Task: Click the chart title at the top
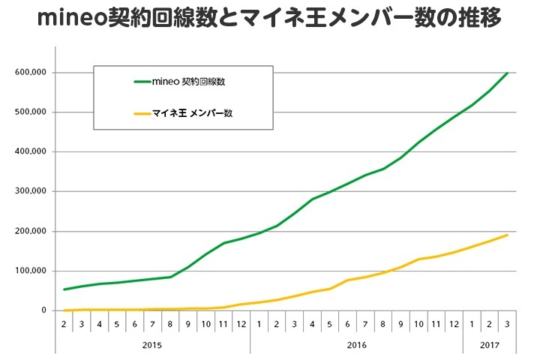[x=270, y=18]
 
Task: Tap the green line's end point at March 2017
[x=508, y=73]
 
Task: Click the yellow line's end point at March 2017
[x=508, y=235]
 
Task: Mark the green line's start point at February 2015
[x=64, y=289]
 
